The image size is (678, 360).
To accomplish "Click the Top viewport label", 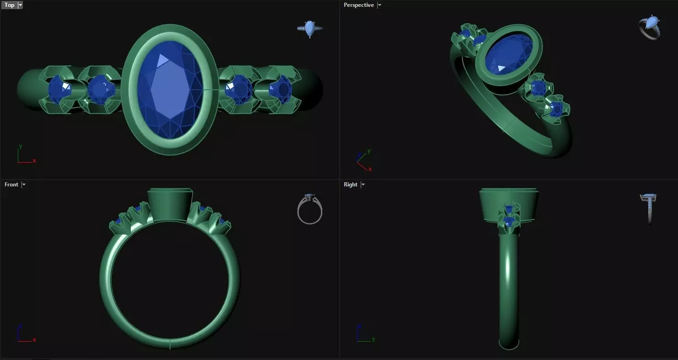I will click(x=9, y=5).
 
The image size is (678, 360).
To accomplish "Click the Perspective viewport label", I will click(x=358, y=5).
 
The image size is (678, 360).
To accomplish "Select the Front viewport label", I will click(x=11, y=185).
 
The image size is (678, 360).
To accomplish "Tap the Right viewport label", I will click(x=350, y=185).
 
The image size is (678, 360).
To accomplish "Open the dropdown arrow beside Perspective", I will click(x=379, y=5).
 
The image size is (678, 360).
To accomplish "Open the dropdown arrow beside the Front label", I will click(x=24, y=185).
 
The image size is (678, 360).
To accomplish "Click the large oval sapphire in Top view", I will click(x=170, y=89).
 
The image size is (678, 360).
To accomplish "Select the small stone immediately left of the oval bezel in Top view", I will click(x=101, y=89).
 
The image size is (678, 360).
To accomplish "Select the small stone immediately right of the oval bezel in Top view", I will click(x=239, y=89).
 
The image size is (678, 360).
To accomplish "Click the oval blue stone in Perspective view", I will click(x=508, y=55).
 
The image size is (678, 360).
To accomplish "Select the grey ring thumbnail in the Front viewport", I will click(x=310, y=210).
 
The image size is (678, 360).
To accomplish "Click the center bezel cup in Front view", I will click(x=170, y=205).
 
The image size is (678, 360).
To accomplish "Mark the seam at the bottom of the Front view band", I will click(x=170, y=344).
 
